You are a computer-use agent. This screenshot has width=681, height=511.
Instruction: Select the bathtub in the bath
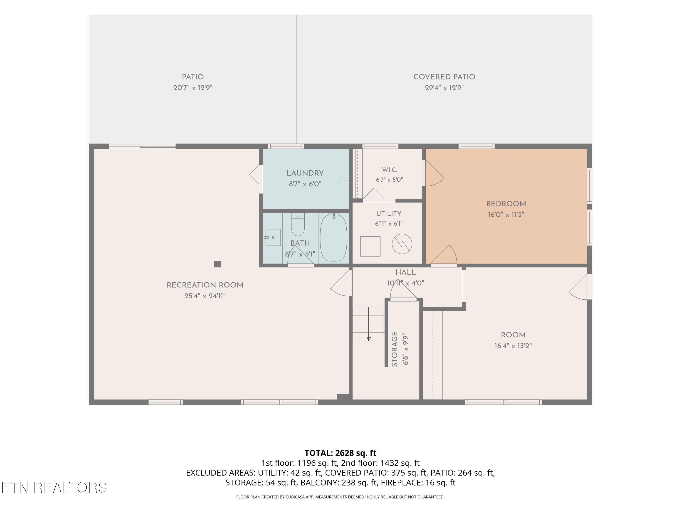333,238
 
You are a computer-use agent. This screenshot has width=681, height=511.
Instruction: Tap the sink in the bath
273,238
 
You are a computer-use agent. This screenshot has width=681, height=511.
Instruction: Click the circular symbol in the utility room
402,244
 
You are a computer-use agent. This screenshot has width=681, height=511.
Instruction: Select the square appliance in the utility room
370,246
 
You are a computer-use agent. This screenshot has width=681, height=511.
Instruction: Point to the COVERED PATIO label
444,77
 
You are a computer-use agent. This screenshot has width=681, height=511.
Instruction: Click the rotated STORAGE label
395,349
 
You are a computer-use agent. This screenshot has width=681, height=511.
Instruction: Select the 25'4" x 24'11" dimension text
205,296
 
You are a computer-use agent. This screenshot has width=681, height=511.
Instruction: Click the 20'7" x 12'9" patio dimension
193,88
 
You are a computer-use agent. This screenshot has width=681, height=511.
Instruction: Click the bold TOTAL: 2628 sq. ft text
340,453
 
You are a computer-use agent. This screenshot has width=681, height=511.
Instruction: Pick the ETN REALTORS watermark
54,488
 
